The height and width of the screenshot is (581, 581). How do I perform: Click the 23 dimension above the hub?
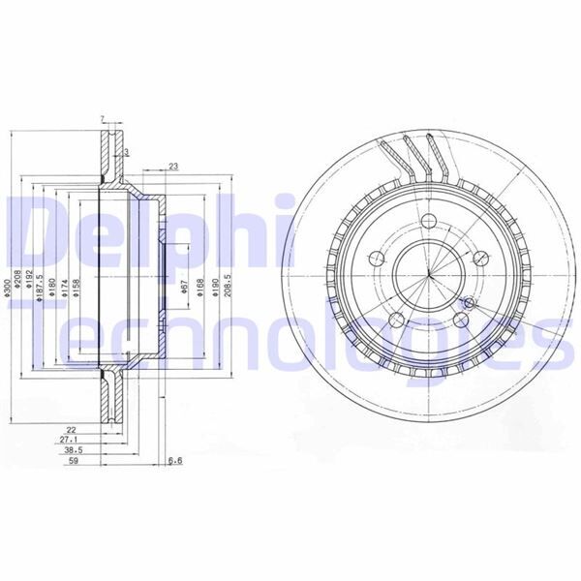pos(173,167)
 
